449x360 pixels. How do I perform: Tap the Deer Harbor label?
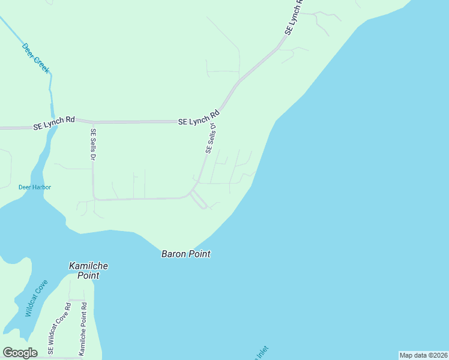[x=35, y=187]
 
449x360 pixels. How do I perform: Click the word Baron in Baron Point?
[x=174, y=254]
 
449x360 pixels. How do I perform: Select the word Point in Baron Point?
[x=200, y=254]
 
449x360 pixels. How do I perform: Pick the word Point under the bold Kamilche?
[x=88, y=275]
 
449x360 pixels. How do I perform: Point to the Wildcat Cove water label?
[x=36, y=298]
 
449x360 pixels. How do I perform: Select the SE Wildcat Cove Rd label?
[x=59, y=329]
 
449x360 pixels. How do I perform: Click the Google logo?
[x=20, y=353]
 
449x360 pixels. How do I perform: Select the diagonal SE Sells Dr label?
[x=211, y=139]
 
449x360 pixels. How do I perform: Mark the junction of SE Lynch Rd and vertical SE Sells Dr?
[x=92, y=121]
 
